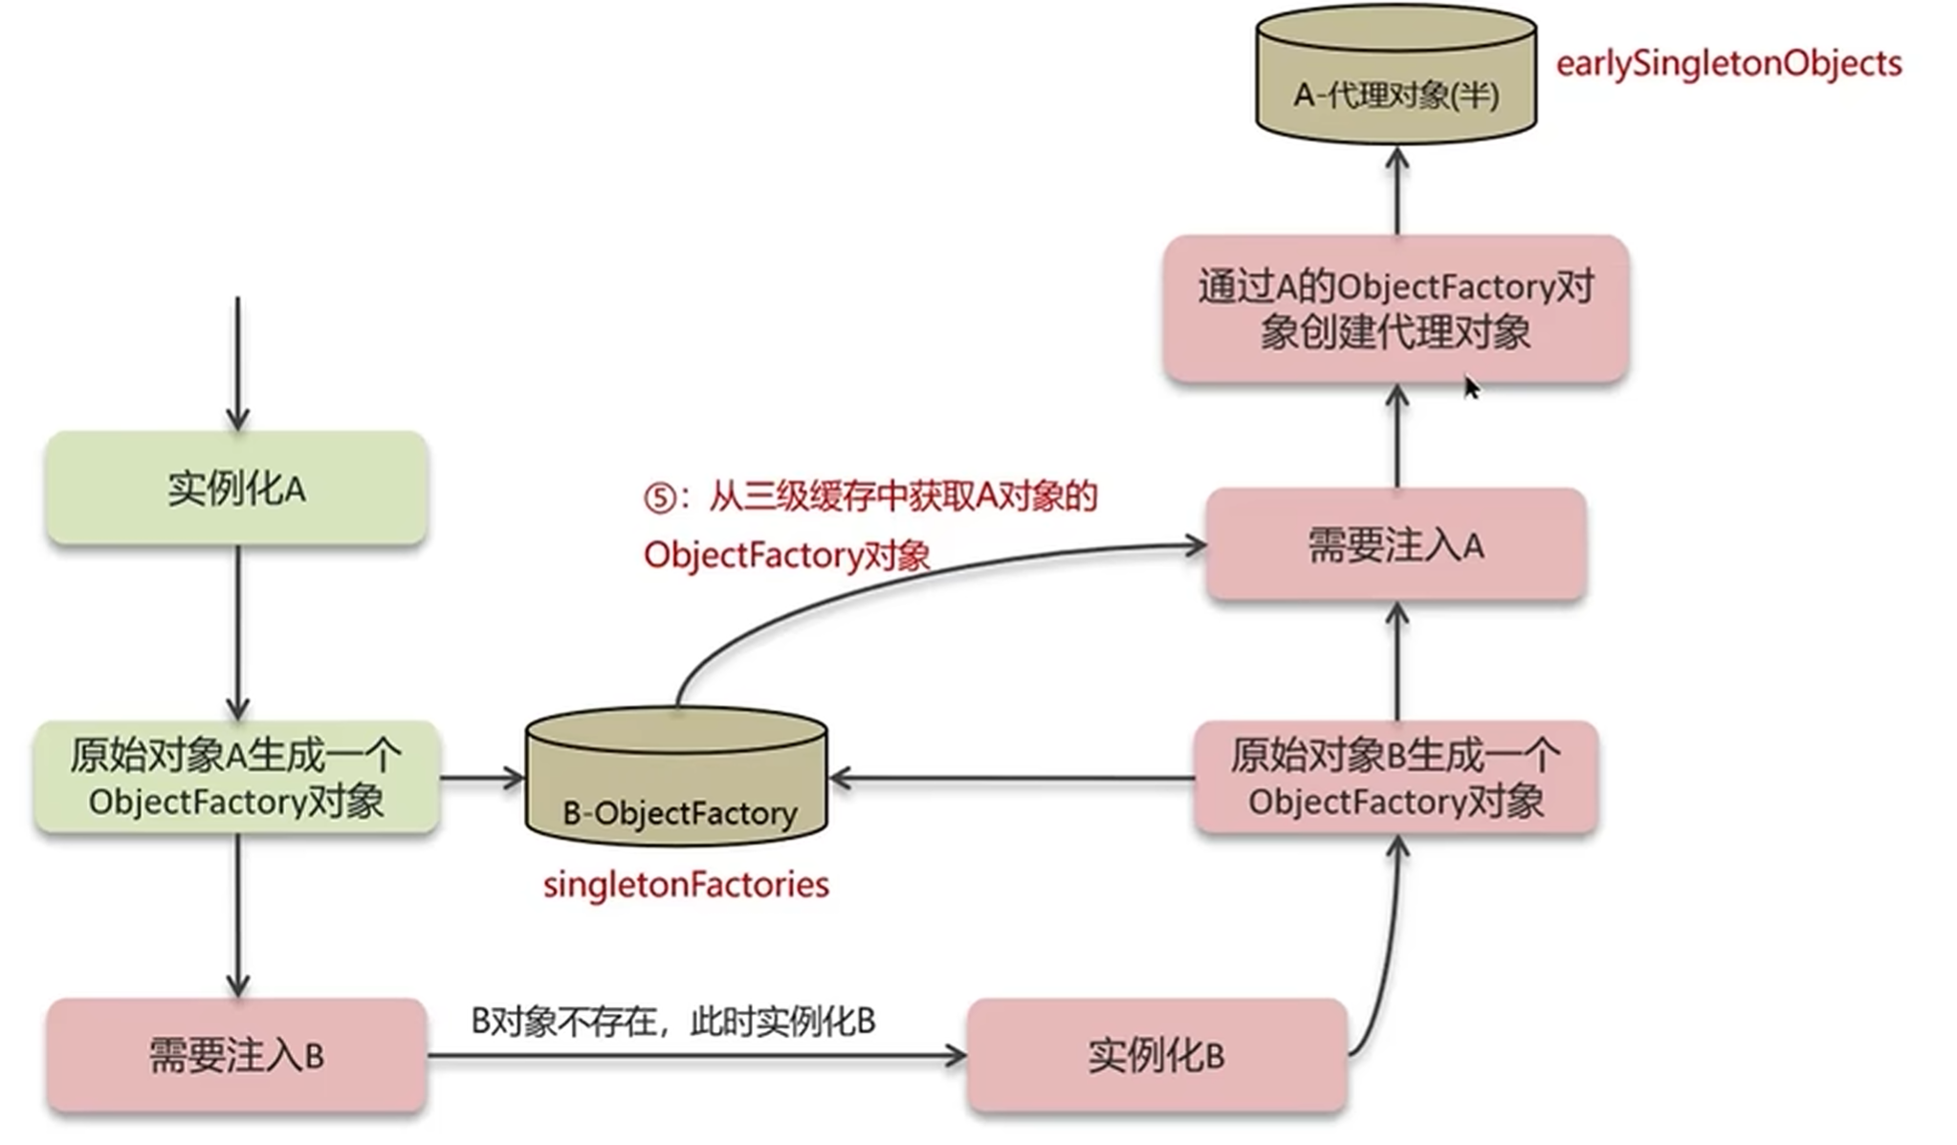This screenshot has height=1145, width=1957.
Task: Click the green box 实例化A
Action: tap(236, 489)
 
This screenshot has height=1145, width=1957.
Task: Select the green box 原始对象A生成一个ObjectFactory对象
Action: tap(236, 778)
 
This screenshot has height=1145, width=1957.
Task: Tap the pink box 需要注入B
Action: tap(236, 1056)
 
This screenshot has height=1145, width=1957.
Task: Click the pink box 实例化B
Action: tap(1156, 1056)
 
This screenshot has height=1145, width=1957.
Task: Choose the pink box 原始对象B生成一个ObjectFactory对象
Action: tap(1396, 778)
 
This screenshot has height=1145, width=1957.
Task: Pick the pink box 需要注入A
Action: tap(1396, 545)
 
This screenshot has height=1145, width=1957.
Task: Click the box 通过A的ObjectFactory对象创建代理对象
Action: tap(1396, 309)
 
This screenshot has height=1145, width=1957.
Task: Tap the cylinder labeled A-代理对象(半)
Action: tap(1396, 77)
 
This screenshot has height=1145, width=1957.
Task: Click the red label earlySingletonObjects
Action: tap(1728, 64)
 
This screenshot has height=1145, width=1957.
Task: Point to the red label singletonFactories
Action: tap(686, 885)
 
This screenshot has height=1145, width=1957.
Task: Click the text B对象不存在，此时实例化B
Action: tap(672, 1022)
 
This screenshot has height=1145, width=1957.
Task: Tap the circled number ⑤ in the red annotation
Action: tap(660, 498)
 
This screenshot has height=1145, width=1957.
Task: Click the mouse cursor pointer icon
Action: tap(1471, 387)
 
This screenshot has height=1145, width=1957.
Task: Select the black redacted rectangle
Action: tap(522, 138)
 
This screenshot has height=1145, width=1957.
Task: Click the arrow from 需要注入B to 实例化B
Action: tap(695, 1056)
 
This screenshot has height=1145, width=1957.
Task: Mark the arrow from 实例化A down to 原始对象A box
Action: tap(237, 631)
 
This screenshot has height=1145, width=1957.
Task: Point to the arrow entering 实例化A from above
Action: tap(237, 363)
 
